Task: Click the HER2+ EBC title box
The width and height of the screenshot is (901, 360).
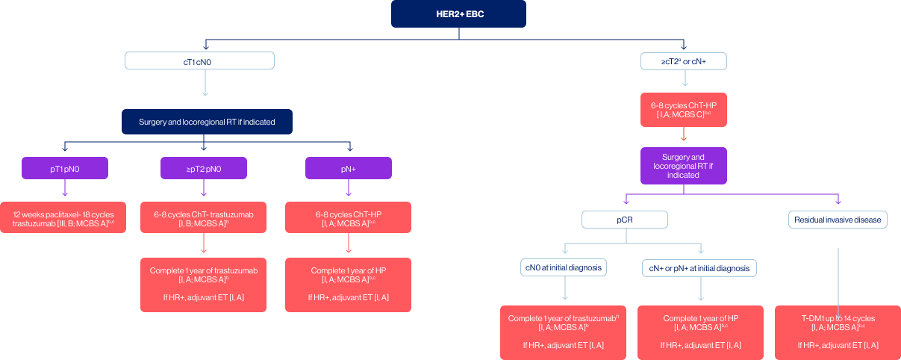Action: [458, 14]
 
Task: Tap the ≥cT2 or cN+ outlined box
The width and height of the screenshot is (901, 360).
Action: [684, 60]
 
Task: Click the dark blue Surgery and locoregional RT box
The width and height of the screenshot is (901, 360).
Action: [206, 122]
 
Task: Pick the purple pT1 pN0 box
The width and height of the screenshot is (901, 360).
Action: [65, 168]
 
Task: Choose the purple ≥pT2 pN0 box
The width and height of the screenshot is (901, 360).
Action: [204, 168]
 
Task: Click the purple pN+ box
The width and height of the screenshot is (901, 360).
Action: [349, 168]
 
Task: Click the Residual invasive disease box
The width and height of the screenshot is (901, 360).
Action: [838, 220]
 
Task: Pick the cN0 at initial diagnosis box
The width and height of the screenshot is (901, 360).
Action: [564, 267]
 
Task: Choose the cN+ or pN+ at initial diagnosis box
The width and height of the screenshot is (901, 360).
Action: [700, 267]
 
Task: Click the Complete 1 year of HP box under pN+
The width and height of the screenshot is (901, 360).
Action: [349, 284]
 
